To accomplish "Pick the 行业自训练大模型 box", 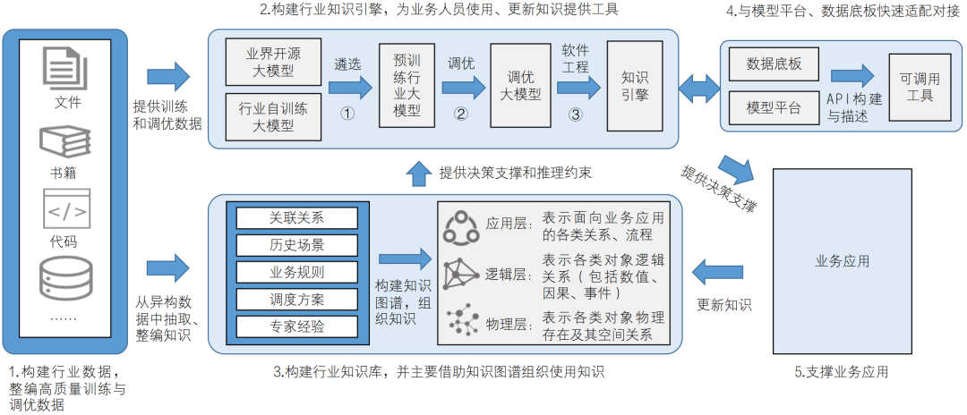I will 272,116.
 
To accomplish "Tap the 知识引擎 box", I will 634,84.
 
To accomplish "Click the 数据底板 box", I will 773,65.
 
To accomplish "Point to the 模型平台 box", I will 773,107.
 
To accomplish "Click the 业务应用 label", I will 842,261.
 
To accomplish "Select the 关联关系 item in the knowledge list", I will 296,217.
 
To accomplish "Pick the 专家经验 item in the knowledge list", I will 296,326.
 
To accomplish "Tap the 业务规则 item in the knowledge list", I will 296,272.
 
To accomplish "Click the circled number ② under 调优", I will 461,114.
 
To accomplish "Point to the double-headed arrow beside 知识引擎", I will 697,87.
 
